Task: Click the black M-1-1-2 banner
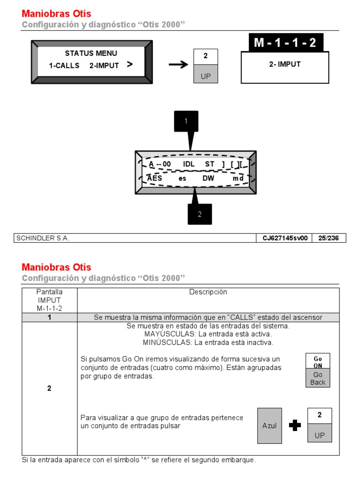(285, 43)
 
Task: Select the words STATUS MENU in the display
(91, 53)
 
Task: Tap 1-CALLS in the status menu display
(64, 66)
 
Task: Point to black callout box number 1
(186, 121)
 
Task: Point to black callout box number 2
(200, 214)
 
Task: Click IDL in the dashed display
(189, 164)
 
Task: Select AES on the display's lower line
(155, 178)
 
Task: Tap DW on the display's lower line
(208, 178)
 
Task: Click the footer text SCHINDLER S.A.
(43, 238)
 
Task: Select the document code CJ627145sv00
(285, 238)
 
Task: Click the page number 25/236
(328, 238)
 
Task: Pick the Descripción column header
(208, 292)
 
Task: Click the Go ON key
(318, 361)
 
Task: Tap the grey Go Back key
(318, 379)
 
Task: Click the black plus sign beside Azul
(295, 425)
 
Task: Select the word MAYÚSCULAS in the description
(167, 334)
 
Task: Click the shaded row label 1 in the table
(49, 317)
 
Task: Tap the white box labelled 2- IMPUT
(285, 67)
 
